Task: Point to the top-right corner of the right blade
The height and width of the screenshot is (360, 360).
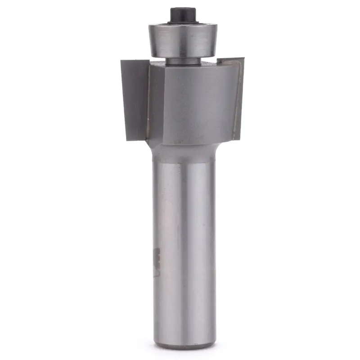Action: pyautogui.click(x=244, y=58)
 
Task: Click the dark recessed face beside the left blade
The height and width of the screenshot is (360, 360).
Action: pyautogui.click(x=156, y=103)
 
